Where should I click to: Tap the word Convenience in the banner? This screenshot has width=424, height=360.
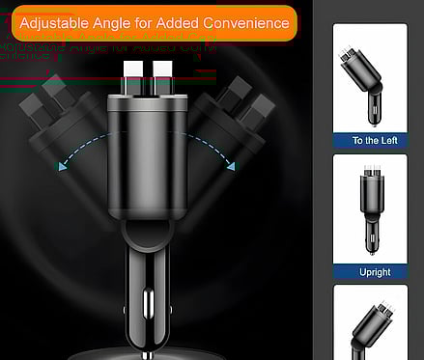click(247, 21)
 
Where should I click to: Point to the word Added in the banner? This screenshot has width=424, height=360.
click(185, 21)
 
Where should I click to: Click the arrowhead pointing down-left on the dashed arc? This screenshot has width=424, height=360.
click(63, 166)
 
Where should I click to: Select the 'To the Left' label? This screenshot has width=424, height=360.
click(374, 141)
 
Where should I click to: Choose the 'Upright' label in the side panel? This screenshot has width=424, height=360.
click(374, 272)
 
